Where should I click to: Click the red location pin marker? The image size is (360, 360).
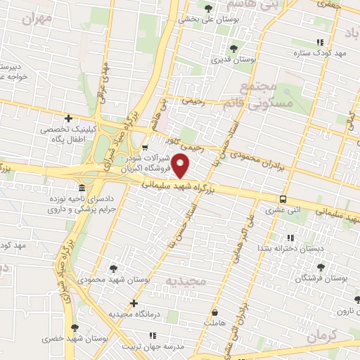181,167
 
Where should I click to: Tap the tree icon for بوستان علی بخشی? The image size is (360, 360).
208,8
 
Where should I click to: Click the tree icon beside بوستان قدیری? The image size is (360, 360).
233,49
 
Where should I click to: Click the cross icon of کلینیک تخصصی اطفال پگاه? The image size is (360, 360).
68,118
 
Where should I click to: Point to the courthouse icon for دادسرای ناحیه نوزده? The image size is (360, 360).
82,189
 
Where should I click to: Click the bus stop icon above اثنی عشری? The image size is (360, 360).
283,199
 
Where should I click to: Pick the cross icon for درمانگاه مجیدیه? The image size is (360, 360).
134,302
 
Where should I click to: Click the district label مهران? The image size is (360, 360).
37,19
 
